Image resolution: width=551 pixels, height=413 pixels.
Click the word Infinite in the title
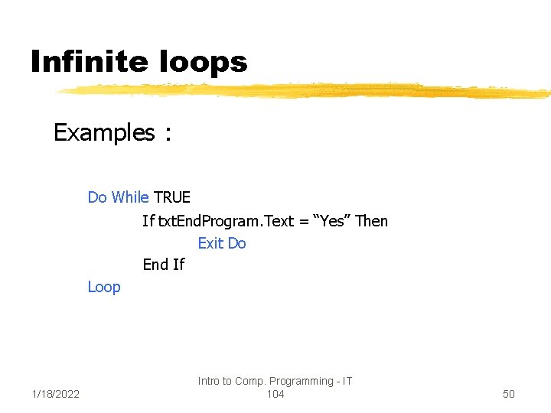point(84,62)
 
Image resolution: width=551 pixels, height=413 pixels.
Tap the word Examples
point(104,133)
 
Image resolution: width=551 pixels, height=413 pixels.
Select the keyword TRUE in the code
point(172,197)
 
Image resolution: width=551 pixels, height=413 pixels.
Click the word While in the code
point(130,197)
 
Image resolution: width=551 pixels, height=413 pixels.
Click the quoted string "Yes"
point(333,221)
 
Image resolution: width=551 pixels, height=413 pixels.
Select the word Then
point(372,221)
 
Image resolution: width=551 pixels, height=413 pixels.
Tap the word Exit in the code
point(210,243)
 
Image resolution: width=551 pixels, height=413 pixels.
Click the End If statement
point(164,265)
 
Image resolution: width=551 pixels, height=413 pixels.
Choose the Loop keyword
point(104,288)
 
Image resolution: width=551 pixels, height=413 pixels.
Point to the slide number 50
point(509,394)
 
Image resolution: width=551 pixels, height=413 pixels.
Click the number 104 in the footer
point(275,394)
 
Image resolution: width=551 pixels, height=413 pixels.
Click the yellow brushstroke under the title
point(306,92)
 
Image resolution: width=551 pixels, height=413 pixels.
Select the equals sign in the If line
point(304,221)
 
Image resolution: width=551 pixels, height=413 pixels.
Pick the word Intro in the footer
point(208,381)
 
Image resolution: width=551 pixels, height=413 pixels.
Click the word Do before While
point(97,197)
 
